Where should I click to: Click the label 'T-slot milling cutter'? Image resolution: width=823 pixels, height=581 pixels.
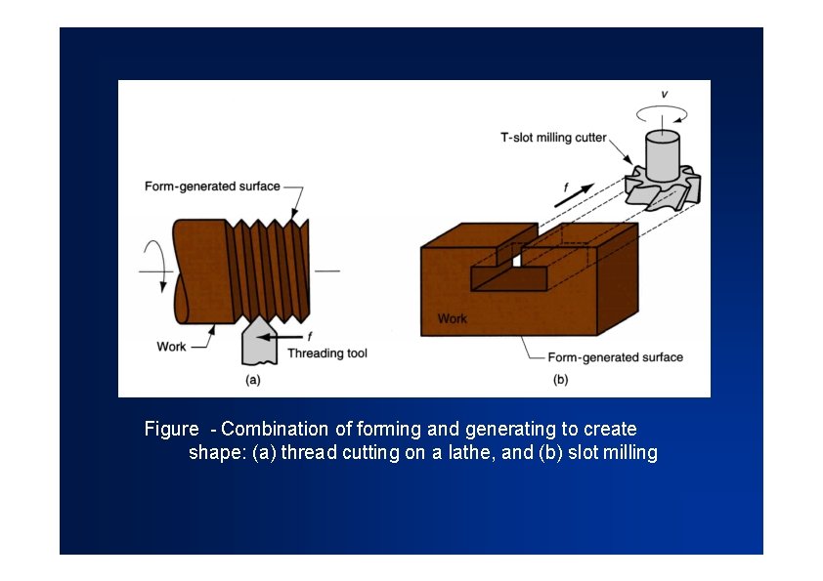point(553,138)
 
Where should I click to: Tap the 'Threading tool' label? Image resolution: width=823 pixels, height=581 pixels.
point(327,353)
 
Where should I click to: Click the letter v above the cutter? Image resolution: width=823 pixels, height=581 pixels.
point(665,94)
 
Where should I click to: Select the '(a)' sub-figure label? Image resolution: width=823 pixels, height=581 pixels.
point(252,379)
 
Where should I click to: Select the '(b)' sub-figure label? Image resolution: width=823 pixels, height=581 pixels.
point(560,379)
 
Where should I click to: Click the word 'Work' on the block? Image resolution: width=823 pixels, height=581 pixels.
point(452,318)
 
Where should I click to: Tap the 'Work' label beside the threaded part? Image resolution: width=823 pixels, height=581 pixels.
point(171,347)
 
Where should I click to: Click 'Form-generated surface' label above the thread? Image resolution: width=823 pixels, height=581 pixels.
point(212,187)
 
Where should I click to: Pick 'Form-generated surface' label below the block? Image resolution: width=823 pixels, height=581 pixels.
point(615,357)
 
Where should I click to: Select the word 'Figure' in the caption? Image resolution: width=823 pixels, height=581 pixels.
point(170,429)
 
